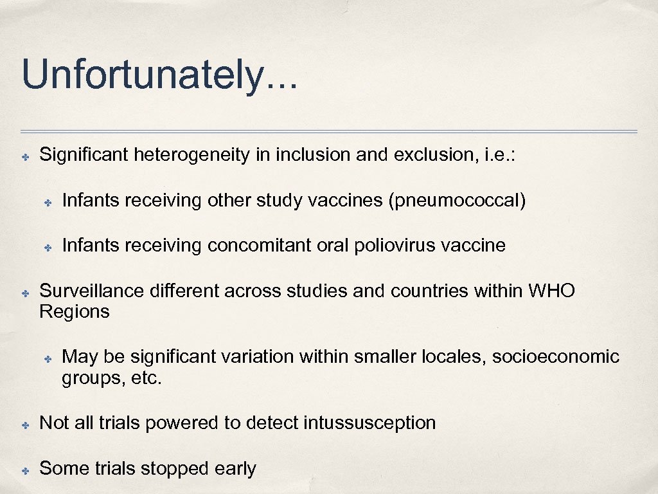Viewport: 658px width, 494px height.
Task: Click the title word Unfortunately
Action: coord(159,76)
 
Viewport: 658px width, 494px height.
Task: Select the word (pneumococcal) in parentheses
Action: coord(457,201)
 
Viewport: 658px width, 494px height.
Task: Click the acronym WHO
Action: coord(551,291)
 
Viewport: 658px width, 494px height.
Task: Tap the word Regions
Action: coord(74,312)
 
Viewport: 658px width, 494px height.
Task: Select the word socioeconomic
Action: coord(555,356)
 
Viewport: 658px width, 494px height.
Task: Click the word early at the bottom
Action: coord(235,469)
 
